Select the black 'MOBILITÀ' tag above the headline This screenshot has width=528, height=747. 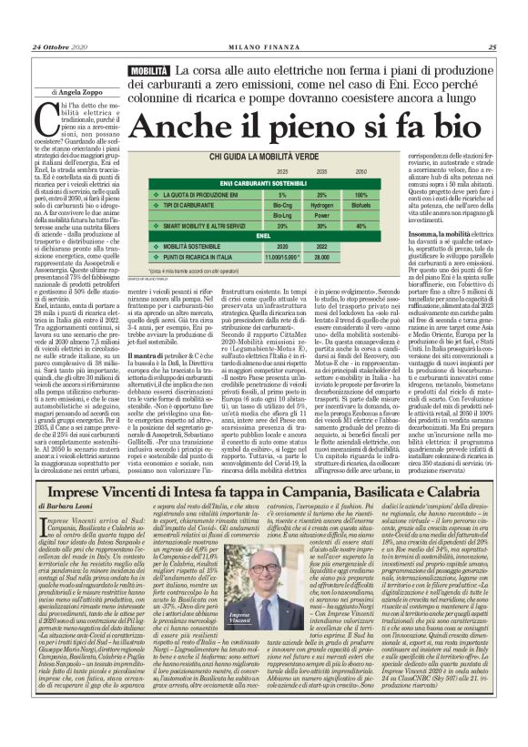tap(123, 70)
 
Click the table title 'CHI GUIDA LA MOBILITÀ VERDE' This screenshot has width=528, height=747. tap(270, 158)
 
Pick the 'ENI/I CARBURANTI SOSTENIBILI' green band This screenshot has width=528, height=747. tap(270, 183)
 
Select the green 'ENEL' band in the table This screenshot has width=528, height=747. tap(270, 235)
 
